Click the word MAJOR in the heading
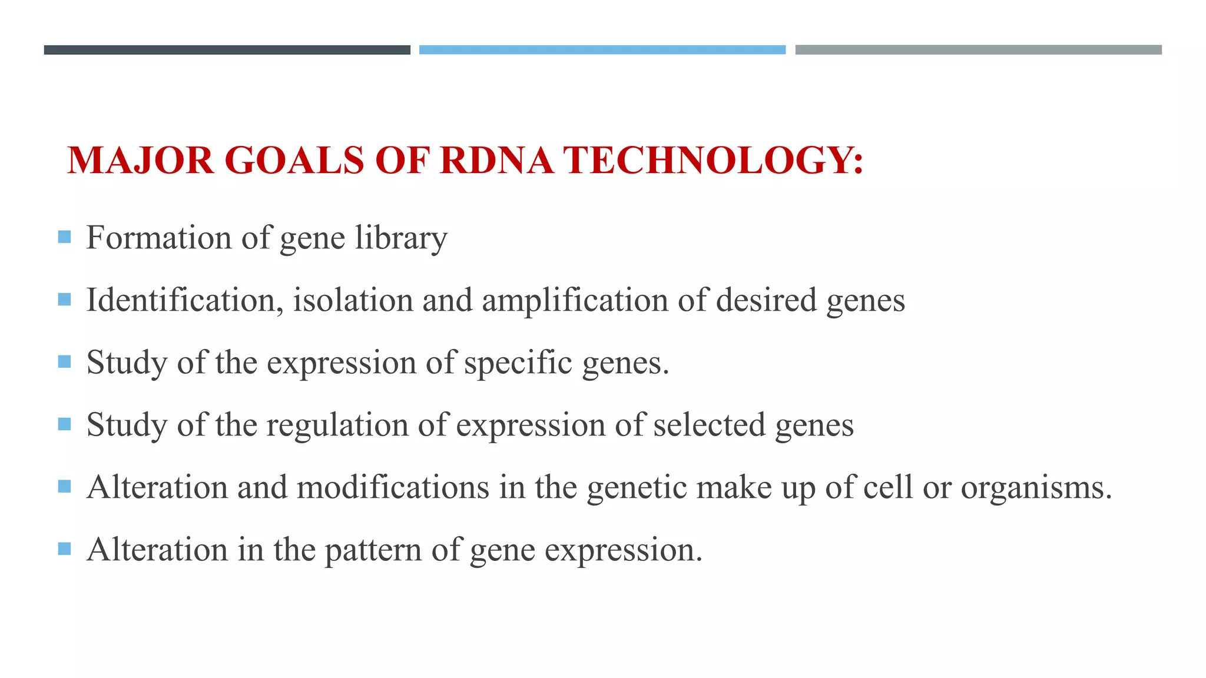pyautogui.click(x=140, y=160)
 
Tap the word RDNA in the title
pyautogui.click(x=496, y=160)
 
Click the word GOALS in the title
pyautogui.click(x=294, y=160)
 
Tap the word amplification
pyautogui.click(x=575, y=300)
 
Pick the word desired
pyautogui.click(x=766, y=300)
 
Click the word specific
pyautogui.click(x=518, y=363)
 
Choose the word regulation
pyautogui.click(x=337, y=425)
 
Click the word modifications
pyautogui.click(x=393, y=487)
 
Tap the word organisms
pyautogui.click(x=1036, y=488)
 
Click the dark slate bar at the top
pyautogui.click(x=227, y=50)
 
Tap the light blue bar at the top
pyautogui.click(x=602, y=50)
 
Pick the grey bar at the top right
pyautogui.click(x=978, y=50)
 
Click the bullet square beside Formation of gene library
pyautogui.click(x=65, y=237)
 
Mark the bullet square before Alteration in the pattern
pyautogui.click(x=65, y=549)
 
